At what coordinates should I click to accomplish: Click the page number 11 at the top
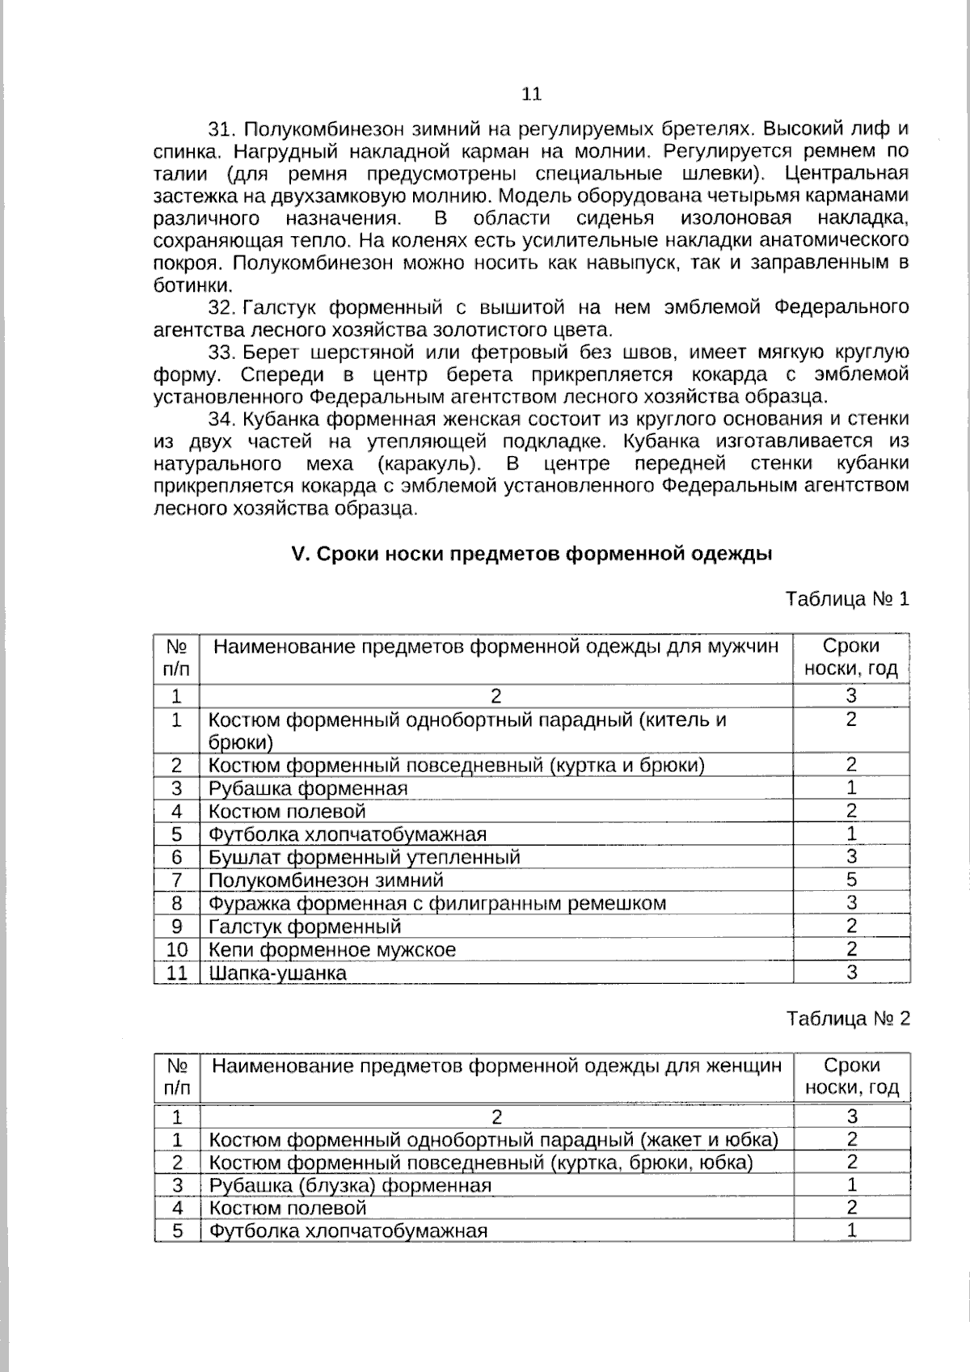[x=531, y=94]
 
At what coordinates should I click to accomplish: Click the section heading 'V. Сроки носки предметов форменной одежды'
[x=531, y=555]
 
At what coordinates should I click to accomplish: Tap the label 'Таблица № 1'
[x=847, y=599]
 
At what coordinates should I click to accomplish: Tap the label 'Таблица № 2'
[x=848, y=1019]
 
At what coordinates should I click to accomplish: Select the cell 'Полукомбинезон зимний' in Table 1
[x=326, y=880]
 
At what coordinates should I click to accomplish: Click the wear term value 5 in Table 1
[x=851, y=880]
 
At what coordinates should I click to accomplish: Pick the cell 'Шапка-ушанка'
[x=277, y=973]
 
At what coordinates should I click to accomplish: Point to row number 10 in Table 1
[x=176, y=950]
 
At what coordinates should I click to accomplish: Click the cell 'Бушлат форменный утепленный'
[x=364, y=857]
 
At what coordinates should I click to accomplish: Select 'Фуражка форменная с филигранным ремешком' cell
[x=436, y=903]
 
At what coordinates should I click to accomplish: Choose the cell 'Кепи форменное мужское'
[x=331, y=950]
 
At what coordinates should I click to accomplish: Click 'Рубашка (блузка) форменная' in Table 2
[x=350, y=1186]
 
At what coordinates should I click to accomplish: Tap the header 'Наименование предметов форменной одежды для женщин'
[x=496, y=1066]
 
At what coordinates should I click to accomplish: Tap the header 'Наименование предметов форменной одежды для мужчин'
[x=496, y=647]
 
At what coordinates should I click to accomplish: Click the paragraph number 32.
[x=220, y=308]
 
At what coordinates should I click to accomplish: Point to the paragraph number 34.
[x=220, y=420]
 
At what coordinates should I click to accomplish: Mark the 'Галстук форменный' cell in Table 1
[x=305, y=927]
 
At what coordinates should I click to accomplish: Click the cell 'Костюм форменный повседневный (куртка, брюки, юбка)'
[x=481, y=1163]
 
